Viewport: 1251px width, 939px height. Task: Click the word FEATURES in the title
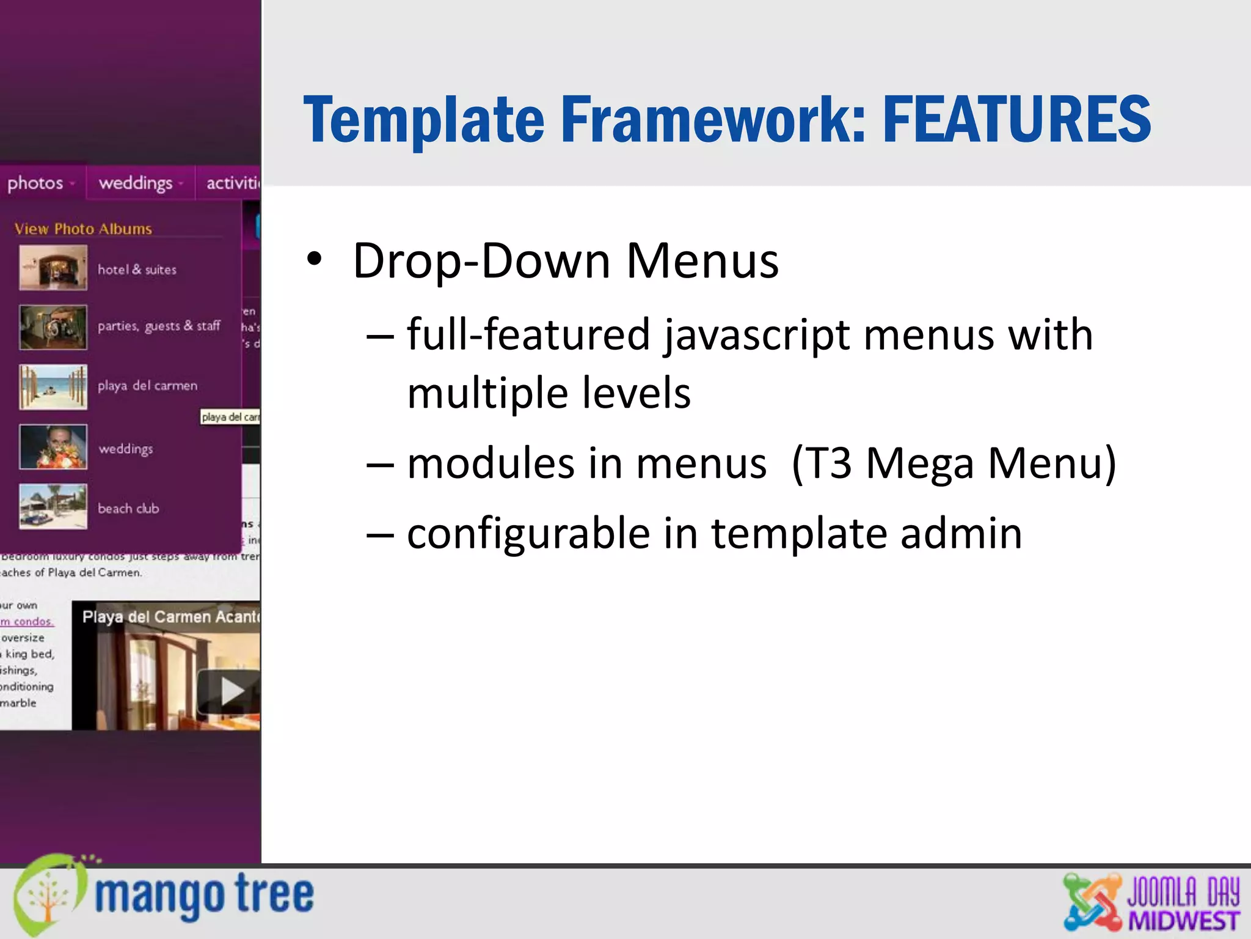click(x=1016, y=120)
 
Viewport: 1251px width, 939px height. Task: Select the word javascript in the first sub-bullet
click(x=757, y=335)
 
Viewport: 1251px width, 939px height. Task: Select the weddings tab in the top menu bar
click(x=136, y=183)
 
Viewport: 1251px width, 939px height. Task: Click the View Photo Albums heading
click(x=83, y=229)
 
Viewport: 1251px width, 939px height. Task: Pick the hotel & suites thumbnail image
click(x=53, y=268)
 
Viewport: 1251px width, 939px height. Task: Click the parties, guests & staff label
click(x=159, y=326)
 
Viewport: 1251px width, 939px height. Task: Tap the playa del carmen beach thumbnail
click(x=53, y=386)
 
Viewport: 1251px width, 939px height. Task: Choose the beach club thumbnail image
click(x=53, y=506)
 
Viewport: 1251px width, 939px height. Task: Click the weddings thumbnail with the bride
click(x=53, y=446)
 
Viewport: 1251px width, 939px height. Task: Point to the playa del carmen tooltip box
click(x=230, y=417)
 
